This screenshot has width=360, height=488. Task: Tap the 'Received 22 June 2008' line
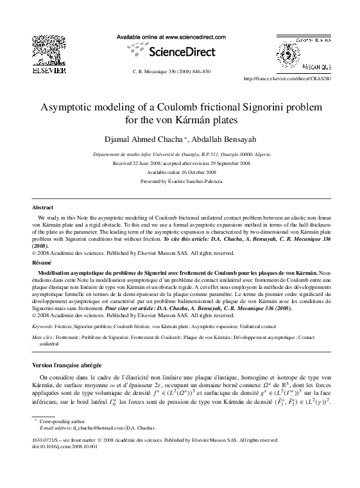point(180,164)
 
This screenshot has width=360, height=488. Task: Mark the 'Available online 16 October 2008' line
point(180,173)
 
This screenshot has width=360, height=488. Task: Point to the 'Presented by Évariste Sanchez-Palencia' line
point(180,182)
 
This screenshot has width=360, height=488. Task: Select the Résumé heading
point(42,263)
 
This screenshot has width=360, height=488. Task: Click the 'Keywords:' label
point(43,327)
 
